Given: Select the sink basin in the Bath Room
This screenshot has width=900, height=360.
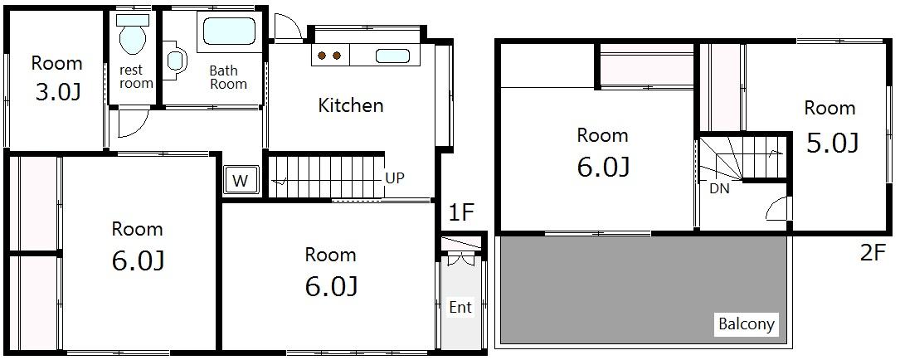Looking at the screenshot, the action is pyautogui.click(x=176, y=60).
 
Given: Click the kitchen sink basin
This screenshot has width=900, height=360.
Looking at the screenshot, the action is pyautogui.click(x=392, y=56).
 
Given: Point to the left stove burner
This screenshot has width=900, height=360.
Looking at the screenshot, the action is pyautogui.click(x=323, y=56).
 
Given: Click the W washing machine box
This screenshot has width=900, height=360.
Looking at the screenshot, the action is pyautogui.click(x=241, y=181).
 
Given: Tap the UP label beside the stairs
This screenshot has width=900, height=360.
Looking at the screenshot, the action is pyautogui.click(x=395, y=178).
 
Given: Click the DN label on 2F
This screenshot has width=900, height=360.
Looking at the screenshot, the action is pyautogui.click(x=720, y=187).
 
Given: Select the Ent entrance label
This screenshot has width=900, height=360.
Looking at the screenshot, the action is pyautogui.click(x=460, y=307).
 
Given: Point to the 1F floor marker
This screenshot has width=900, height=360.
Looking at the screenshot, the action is pyautogui.click(x=461, y=213).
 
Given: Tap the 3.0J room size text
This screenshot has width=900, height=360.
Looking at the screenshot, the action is pyautogui.click(x=57, y=92).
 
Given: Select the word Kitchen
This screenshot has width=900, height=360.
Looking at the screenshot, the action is pyautogui.click(x=351, y=105).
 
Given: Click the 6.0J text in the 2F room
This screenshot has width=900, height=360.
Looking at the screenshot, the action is pyautogui.click(x=603, y=167).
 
